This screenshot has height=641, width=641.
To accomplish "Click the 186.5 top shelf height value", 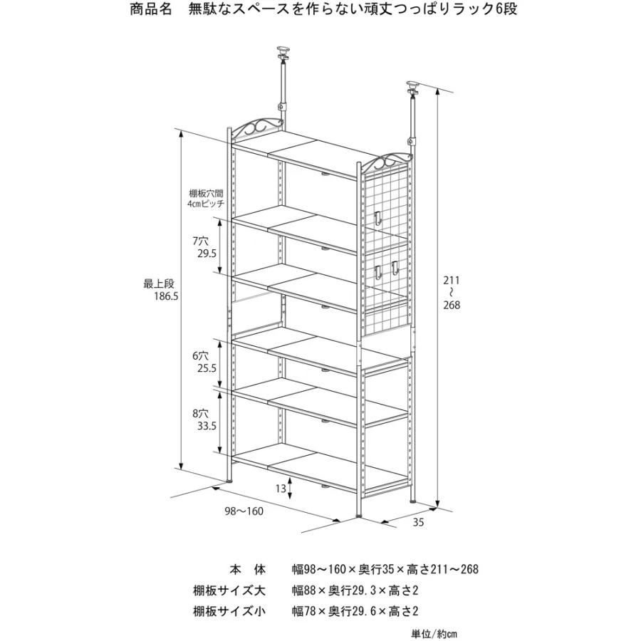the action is [x=166, y=296].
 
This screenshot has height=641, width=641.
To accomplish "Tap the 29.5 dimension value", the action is [x=207, y=254].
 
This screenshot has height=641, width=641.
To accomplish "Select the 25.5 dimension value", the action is [x=207, y=368].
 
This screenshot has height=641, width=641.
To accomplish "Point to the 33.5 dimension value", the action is [x=207, y=426].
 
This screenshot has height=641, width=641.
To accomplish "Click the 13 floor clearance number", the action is [x=281, y=488].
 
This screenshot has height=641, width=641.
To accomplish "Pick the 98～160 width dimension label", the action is [x=244, y=511].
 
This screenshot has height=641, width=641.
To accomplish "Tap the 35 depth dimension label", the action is [x=418, y=522].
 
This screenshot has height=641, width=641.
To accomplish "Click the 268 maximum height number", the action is [x=452, y=305].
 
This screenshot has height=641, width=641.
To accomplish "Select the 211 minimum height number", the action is [x=452, y=281].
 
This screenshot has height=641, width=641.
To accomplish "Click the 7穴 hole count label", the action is [x=200, y=241].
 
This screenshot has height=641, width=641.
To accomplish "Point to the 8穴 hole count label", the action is [x=200, y=413].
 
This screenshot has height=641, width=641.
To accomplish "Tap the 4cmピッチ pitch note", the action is [x=207, y=203].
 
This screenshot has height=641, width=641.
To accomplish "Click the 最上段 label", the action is [x=159, y=283].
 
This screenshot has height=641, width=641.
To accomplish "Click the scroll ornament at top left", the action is [x=256, y=127].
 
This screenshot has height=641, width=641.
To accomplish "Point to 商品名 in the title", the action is [x=151, y=9].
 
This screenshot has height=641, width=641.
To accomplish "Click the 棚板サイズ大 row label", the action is [x=229, y=590].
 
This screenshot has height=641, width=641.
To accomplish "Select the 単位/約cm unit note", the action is [x=434, y=634].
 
